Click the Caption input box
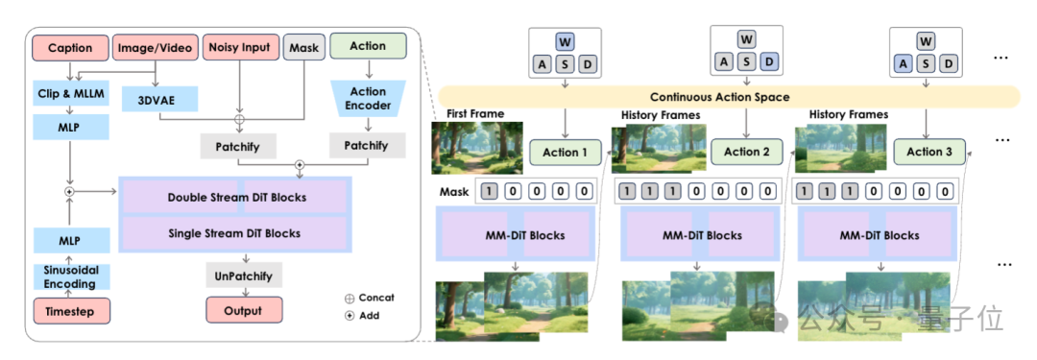point(70,48)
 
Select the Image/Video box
point(156,48)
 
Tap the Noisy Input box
point(239,47)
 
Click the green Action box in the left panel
point(368,46)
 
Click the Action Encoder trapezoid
point(368,99)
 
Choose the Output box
point(244,311)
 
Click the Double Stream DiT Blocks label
point(237,197)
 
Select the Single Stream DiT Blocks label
point(235,233)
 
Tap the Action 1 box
point(565,153)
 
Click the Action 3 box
point(929,152)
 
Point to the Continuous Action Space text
point(719,97)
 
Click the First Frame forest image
point(477,148)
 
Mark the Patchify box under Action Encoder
point(368,146)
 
